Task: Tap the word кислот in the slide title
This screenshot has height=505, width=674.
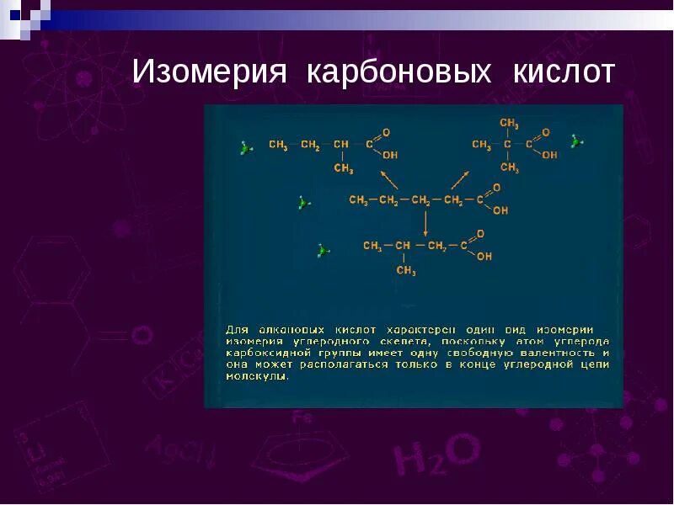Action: coord(564,72)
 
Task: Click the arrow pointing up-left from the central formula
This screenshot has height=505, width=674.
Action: coord(388,179)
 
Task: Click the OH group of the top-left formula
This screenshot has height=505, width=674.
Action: coord(390,155)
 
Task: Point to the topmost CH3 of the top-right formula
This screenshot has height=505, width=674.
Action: coord(509,123)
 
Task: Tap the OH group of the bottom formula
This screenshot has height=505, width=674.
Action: coord(484,257)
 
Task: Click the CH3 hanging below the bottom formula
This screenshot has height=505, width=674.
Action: coord(406,271)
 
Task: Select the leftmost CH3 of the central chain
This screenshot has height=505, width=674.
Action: coord(358,200)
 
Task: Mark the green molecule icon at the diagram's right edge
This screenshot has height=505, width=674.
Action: coord(576,141)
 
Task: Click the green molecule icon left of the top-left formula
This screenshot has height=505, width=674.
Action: coord(245,148)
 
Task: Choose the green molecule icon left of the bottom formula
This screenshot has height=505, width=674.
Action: coord(323,250)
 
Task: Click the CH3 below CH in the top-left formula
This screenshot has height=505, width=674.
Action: coord(343,168)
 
